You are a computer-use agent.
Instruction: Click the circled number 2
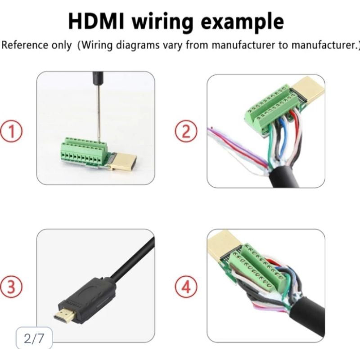[186, 132]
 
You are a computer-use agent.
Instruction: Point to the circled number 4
[186, 286]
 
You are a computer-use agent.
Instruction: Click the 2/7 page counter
[34, 338]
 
